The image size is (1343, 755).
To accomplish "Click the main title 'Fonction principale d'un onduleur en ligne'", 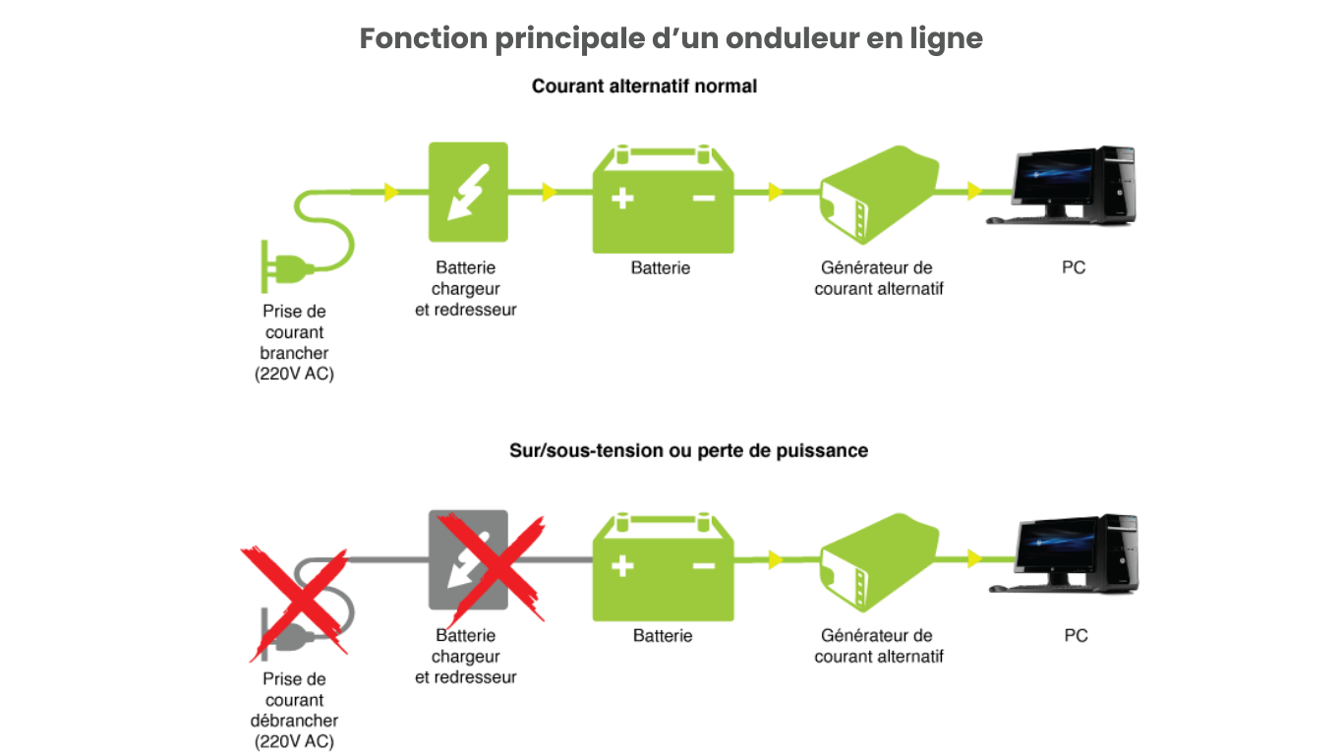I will pyautogui.click(x=671, y=39).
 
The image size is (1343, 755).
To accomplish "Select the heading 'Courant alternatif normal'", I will pyautogui.click(x=644, y=87).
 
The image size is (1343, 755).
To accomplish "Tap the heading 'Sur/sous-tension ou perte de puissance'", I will pyautogui.click(x=688, y=450).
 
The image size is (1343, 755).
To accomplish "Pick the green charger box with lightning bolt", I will pyautogui.click(x=468, y=192).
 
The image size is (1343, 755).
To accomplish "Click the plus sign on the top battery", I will pyautogui.click(x=621, y=199).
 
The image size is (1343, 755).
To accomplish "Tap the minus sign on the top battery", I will pyautogui.click(x=704, y=199).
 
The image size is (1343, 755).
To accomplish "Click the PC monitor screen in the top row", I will pyautogui.click(x=1052, y=180).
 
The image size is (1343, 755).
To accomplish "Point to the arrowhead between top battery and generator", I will pyautogui.click(x=776, y=192).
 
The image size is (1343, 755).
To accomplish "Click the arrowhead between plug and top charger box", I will pyautogui.click(x=392, y=192).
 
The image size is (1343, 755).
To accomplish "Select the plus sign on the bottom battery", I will pyautogui.click(x=621, y=566).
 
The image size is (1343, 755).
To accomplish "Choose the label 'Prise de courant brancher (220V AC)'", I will pyautogui.click(x=294, y=342).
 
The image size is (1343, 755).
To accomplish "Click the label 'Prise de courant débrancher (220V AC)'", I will pyautogui.click(x=294, y=710).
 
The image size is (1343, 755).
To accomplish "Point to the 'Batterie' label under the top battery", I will pyautogui.click(x=661, y=267).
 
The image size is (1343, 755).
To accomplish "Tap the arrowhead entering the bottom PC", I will pyautogui.click(x=974, y=558).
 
